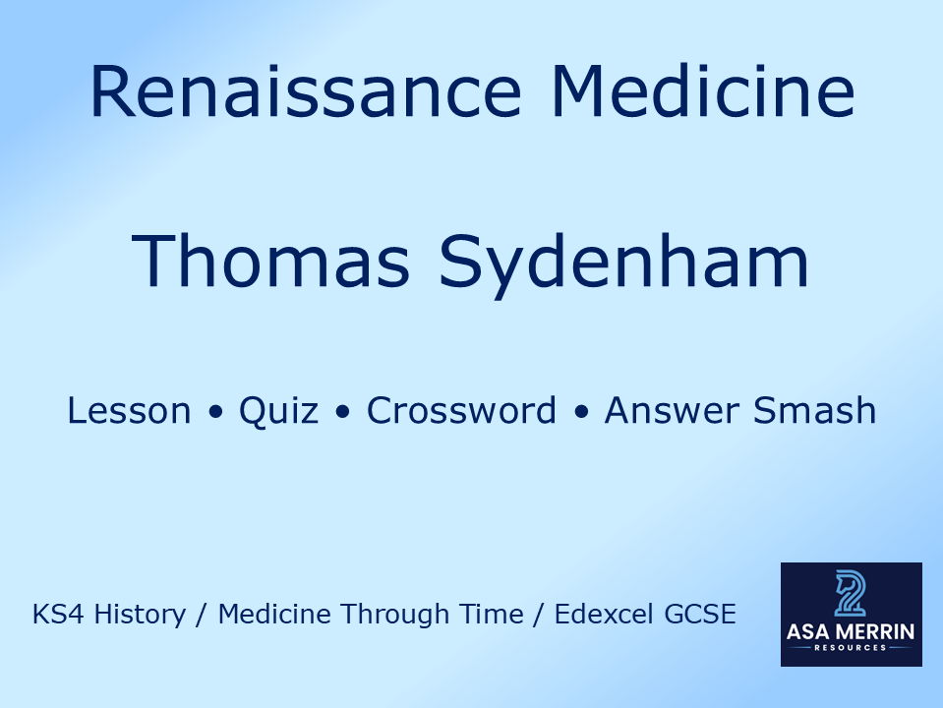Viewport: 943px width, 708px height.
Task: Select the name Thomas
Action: pyautogui.click(x=271, y=261)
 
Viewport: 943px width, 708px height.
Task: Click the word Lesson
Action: pyautogui.click(x=129, y=411)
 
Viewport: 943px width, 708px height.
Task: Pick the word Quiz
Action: pyautogui.click(x=278, y=411)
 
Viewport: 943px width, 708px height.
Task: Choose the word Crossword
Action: pyautogui.click(x=461, y=411)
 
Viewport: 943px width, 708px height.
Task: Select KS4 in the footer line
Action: pyautogui.click(x=54, y=616)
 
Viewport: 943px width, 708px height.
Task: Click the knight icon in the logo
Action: pyautogui.click(x=851, y=593)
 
